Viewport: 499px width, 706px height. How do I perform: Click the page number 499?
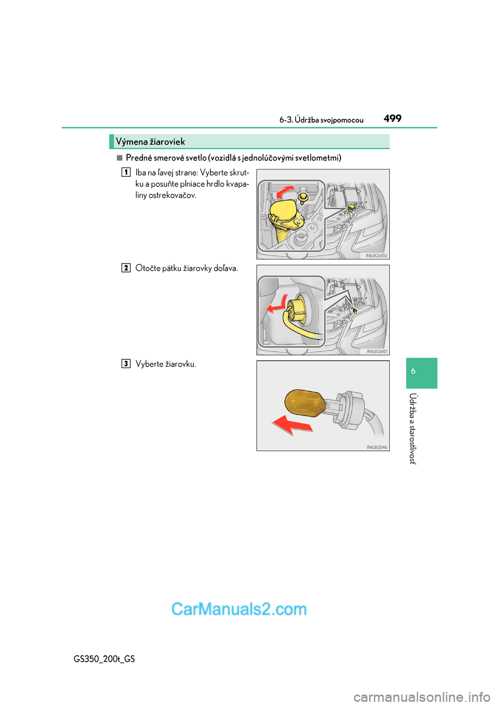click(392, 119)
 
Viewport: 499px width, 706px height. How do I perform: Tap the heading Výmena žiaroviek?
click(150, 142)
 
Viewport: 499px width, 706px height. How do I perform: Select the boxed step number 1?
click(126, 172)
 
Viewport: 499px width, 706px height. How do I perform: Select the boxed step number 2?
click(126, 268)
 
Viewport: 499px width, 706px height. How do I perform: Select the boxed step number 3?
click(126, 363)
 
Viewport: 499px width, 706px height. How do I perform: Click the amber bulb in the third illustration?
click(305, 403)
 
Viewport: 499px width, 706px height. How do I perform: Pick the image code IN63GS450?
click(376, 256)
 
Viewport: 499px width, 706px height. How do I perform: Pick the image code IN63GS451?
click(377, 351)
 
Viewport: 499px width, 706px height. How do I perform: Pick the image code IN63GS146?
click(377, 447)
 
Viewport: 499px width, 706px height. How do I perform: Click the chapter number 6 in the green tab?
click(413, 371)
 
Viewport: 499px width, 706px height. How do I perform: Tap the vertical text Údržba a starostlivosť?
click(413, 428)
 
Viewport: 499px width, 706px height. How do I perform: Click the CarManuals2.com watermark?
click(239, 609)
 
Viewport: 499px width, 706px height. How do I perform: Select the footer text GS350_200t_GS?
click(104, 659)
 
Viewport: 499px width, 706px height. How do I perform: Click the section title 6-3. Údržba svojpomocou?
click(321, 120)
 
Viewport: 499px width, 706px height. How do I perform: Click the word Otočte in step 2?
click(148, 268)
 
